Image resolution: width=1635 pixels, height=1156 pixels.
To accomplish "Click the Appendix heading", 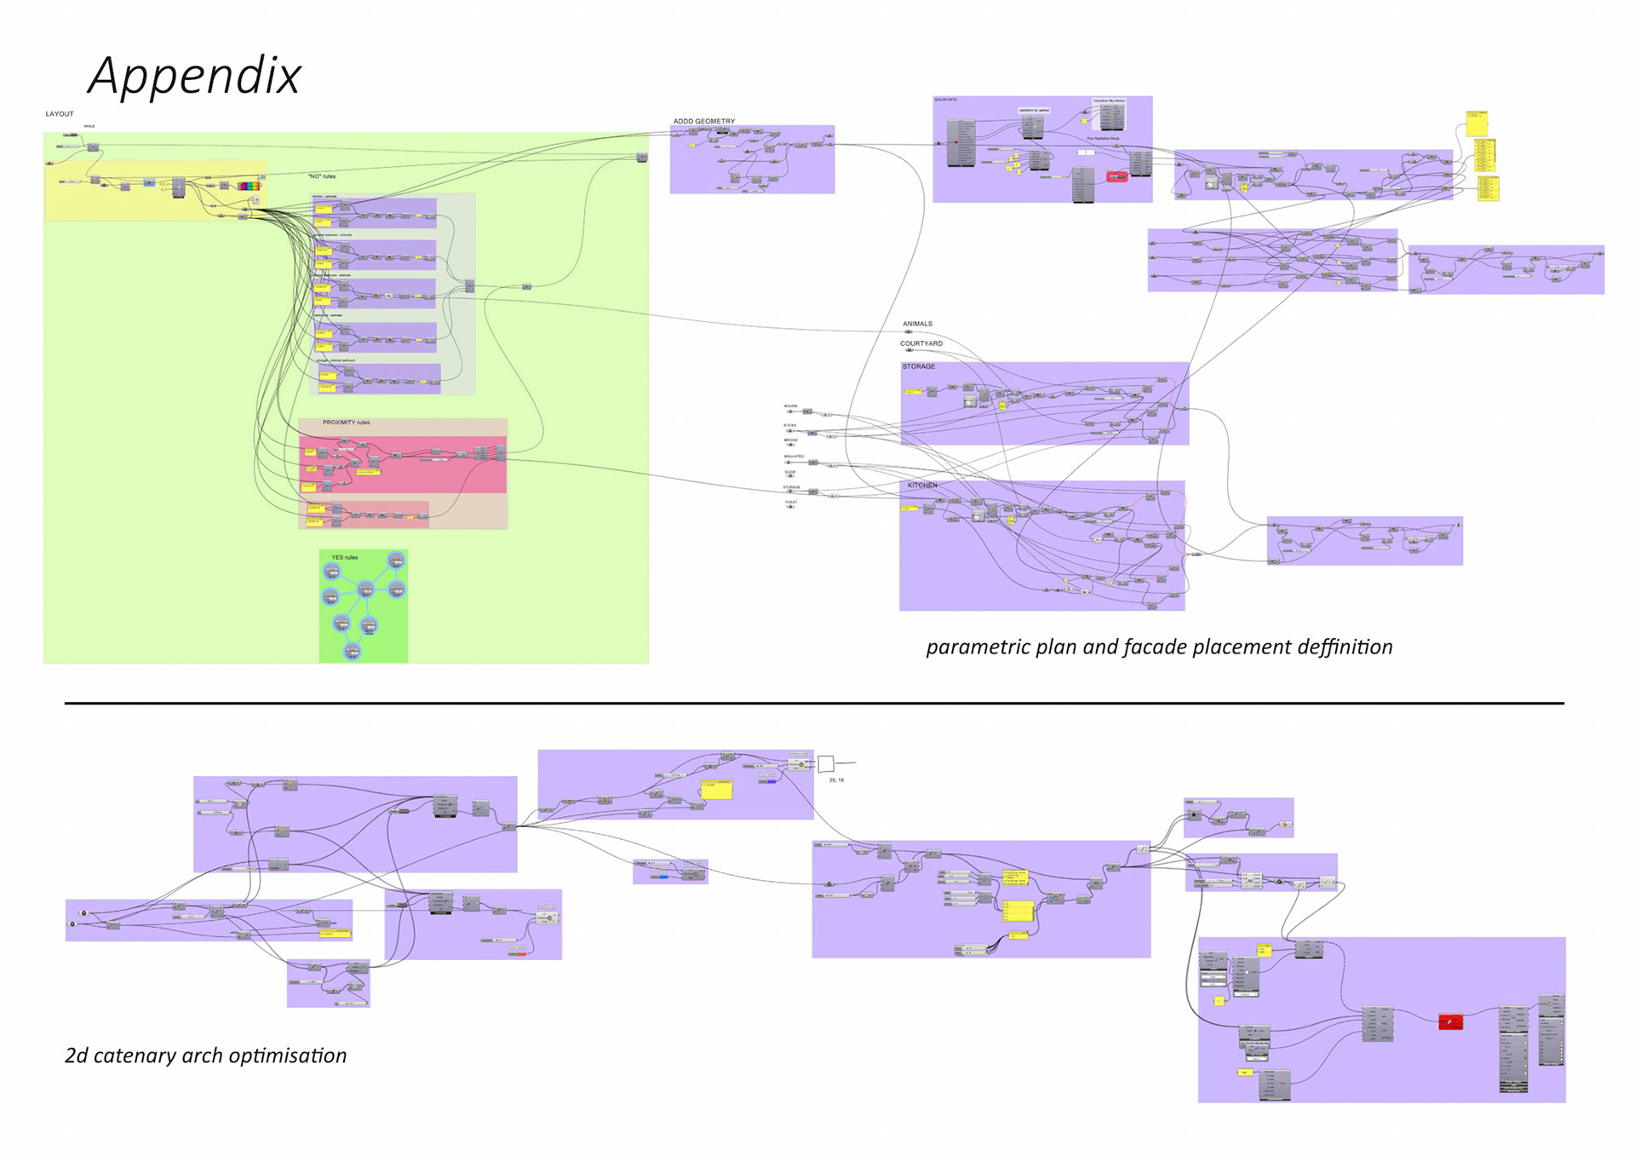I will tap(194, 76).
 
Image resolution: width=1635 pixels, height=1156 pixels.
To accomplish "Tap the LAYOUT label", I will tap(60, 114).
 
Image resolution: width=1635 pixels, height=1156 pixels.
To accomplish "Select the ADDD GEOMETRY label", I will tap(703, 121).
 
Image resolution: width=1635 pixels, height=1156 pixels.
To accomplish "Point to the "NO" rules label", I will tap(322, 176).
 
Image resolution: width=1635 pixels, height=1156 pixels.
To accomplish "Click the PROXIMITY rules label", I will tap(346, 423).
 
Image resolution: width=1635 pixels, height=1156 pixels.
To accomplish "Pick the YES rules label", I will tap(344, 557).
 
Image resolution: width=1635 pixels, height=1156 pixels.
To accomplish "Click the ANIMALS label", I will tap(917, 324).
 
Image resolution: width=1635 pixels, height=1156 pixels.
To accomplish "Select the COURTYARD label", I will tap(921, 343).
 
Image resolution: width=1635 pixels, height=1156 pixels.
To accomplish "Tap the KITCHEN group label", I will tap(922, 486).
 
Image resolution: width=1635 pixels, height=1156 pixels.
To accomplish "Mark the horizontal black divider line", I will tap(814, 704).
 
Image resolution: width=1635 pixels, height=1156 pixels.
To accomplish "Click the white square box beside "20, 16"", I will tap(825, 763).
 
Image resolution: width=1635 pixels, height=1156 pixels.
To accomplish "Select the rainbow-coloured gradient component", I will tap(249, 185).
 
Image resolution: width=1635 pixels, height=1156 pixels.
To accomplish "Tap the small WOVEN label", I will tap(790, 406).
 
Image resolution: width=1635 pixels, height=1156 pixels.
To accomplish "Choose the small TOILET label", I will tap(791, 503).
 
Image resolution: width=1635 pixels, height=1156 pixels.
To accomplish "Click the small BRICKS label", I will tap(790, 440).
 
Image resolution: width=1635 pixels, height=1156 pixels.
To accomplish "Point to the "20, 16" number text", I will tap(836, 780).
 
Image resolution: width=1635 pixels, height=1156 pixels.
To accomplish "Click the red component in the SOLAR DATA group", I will tap(1116, 176).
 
